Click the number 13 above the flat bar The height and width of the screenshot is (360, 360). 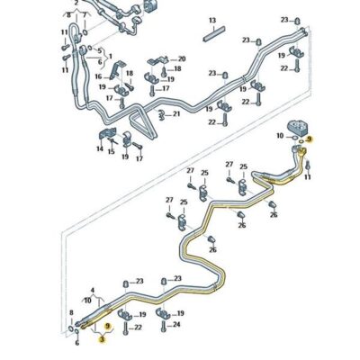point(212,20)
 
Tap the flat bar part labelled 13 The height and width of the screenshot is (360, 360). point(213,37)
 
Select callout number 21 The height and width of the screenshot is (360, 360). point(176,113)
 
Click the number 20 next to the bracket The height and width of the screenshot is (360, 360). point(182,58)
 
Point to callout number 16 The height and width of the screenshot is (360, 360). point(98,77)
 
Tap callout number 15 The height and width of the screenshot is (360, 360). point(112,151)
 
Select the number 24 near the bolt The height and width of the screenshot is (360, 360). point(176,323)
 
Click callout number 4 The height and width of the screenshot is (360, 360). point(92,290)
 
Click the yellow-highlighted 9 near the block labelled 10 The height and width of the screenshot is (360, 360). point(310,139)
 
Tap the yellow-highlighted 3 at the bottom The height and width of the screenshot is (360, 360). point(101,340)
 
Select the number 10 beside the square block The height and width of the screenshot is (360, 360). point(281,136)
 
